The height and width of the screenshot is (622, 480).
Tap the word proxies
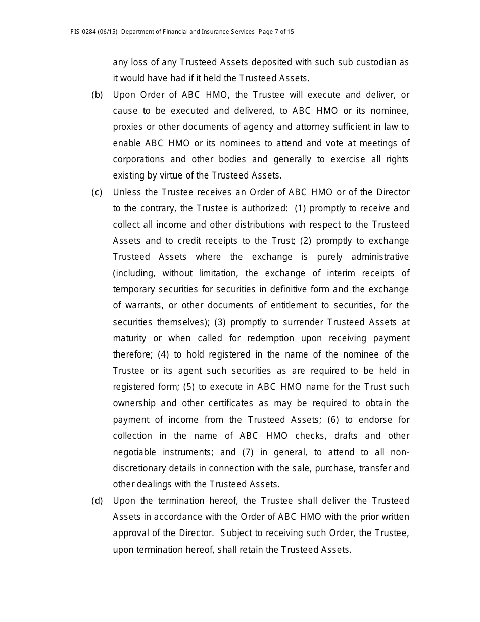[128, 127]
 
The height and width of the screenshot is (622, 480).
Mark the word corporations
[138, 159]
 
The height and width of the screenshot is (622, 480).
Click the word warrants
[142, 305]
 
